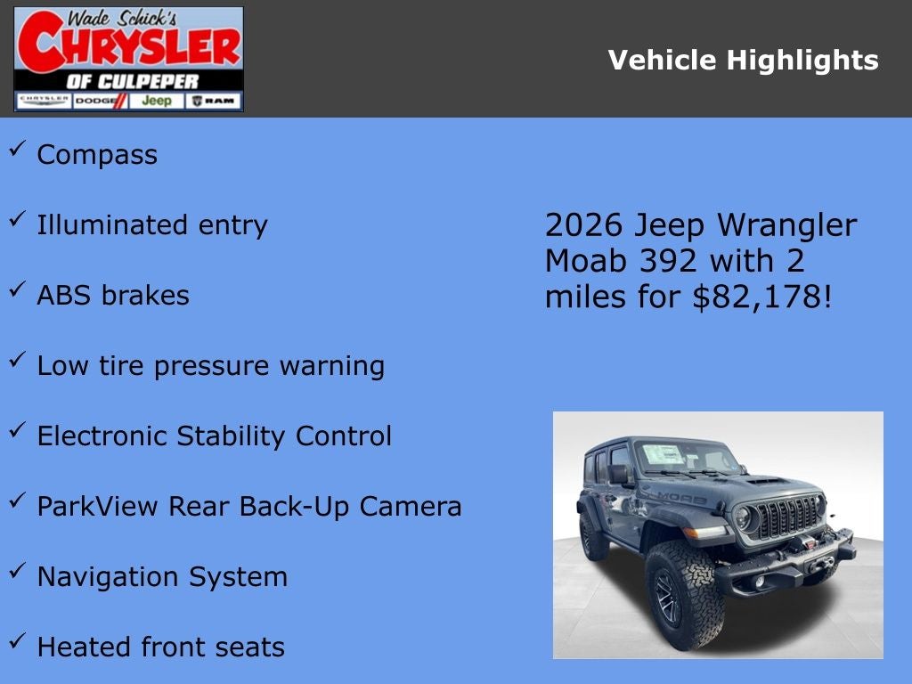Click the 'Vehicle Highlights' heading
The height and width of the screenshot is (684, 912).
pyautogui.click(x=743, y=61)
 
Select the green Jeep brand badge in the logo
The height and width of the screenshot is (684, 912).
pyautogui.click(x=157, y=101)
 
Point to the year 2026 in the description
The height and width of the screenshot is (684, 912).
pyautogui.click(x=584, y=225)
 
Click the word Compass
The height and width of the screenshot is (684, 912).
pyautogui.click(x=97, y=155)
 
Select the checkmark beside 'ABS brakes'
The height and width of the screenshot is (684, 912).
pyautogui.click(x=17, y=289)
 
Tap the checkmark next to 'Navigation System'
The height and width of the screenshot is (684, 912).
pyautogui.click(x=17, y=571)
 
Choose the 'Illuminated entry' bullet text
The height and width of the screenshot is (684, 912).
pyautogui.click(x=151, y=225)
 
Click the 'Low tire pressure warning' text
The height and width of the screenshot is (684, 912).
pyautogui.click(x=210, y=366)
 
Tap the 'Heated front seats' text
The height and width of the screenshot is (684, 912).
pyautogui.click(x=160, y=647)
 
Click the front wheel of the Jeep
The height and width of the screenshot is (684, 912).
pyautogui.click(x=684, y=595)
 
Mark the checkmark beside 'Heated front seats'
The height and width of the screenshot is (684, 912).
pyautogui.click(x=17, y=641)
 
